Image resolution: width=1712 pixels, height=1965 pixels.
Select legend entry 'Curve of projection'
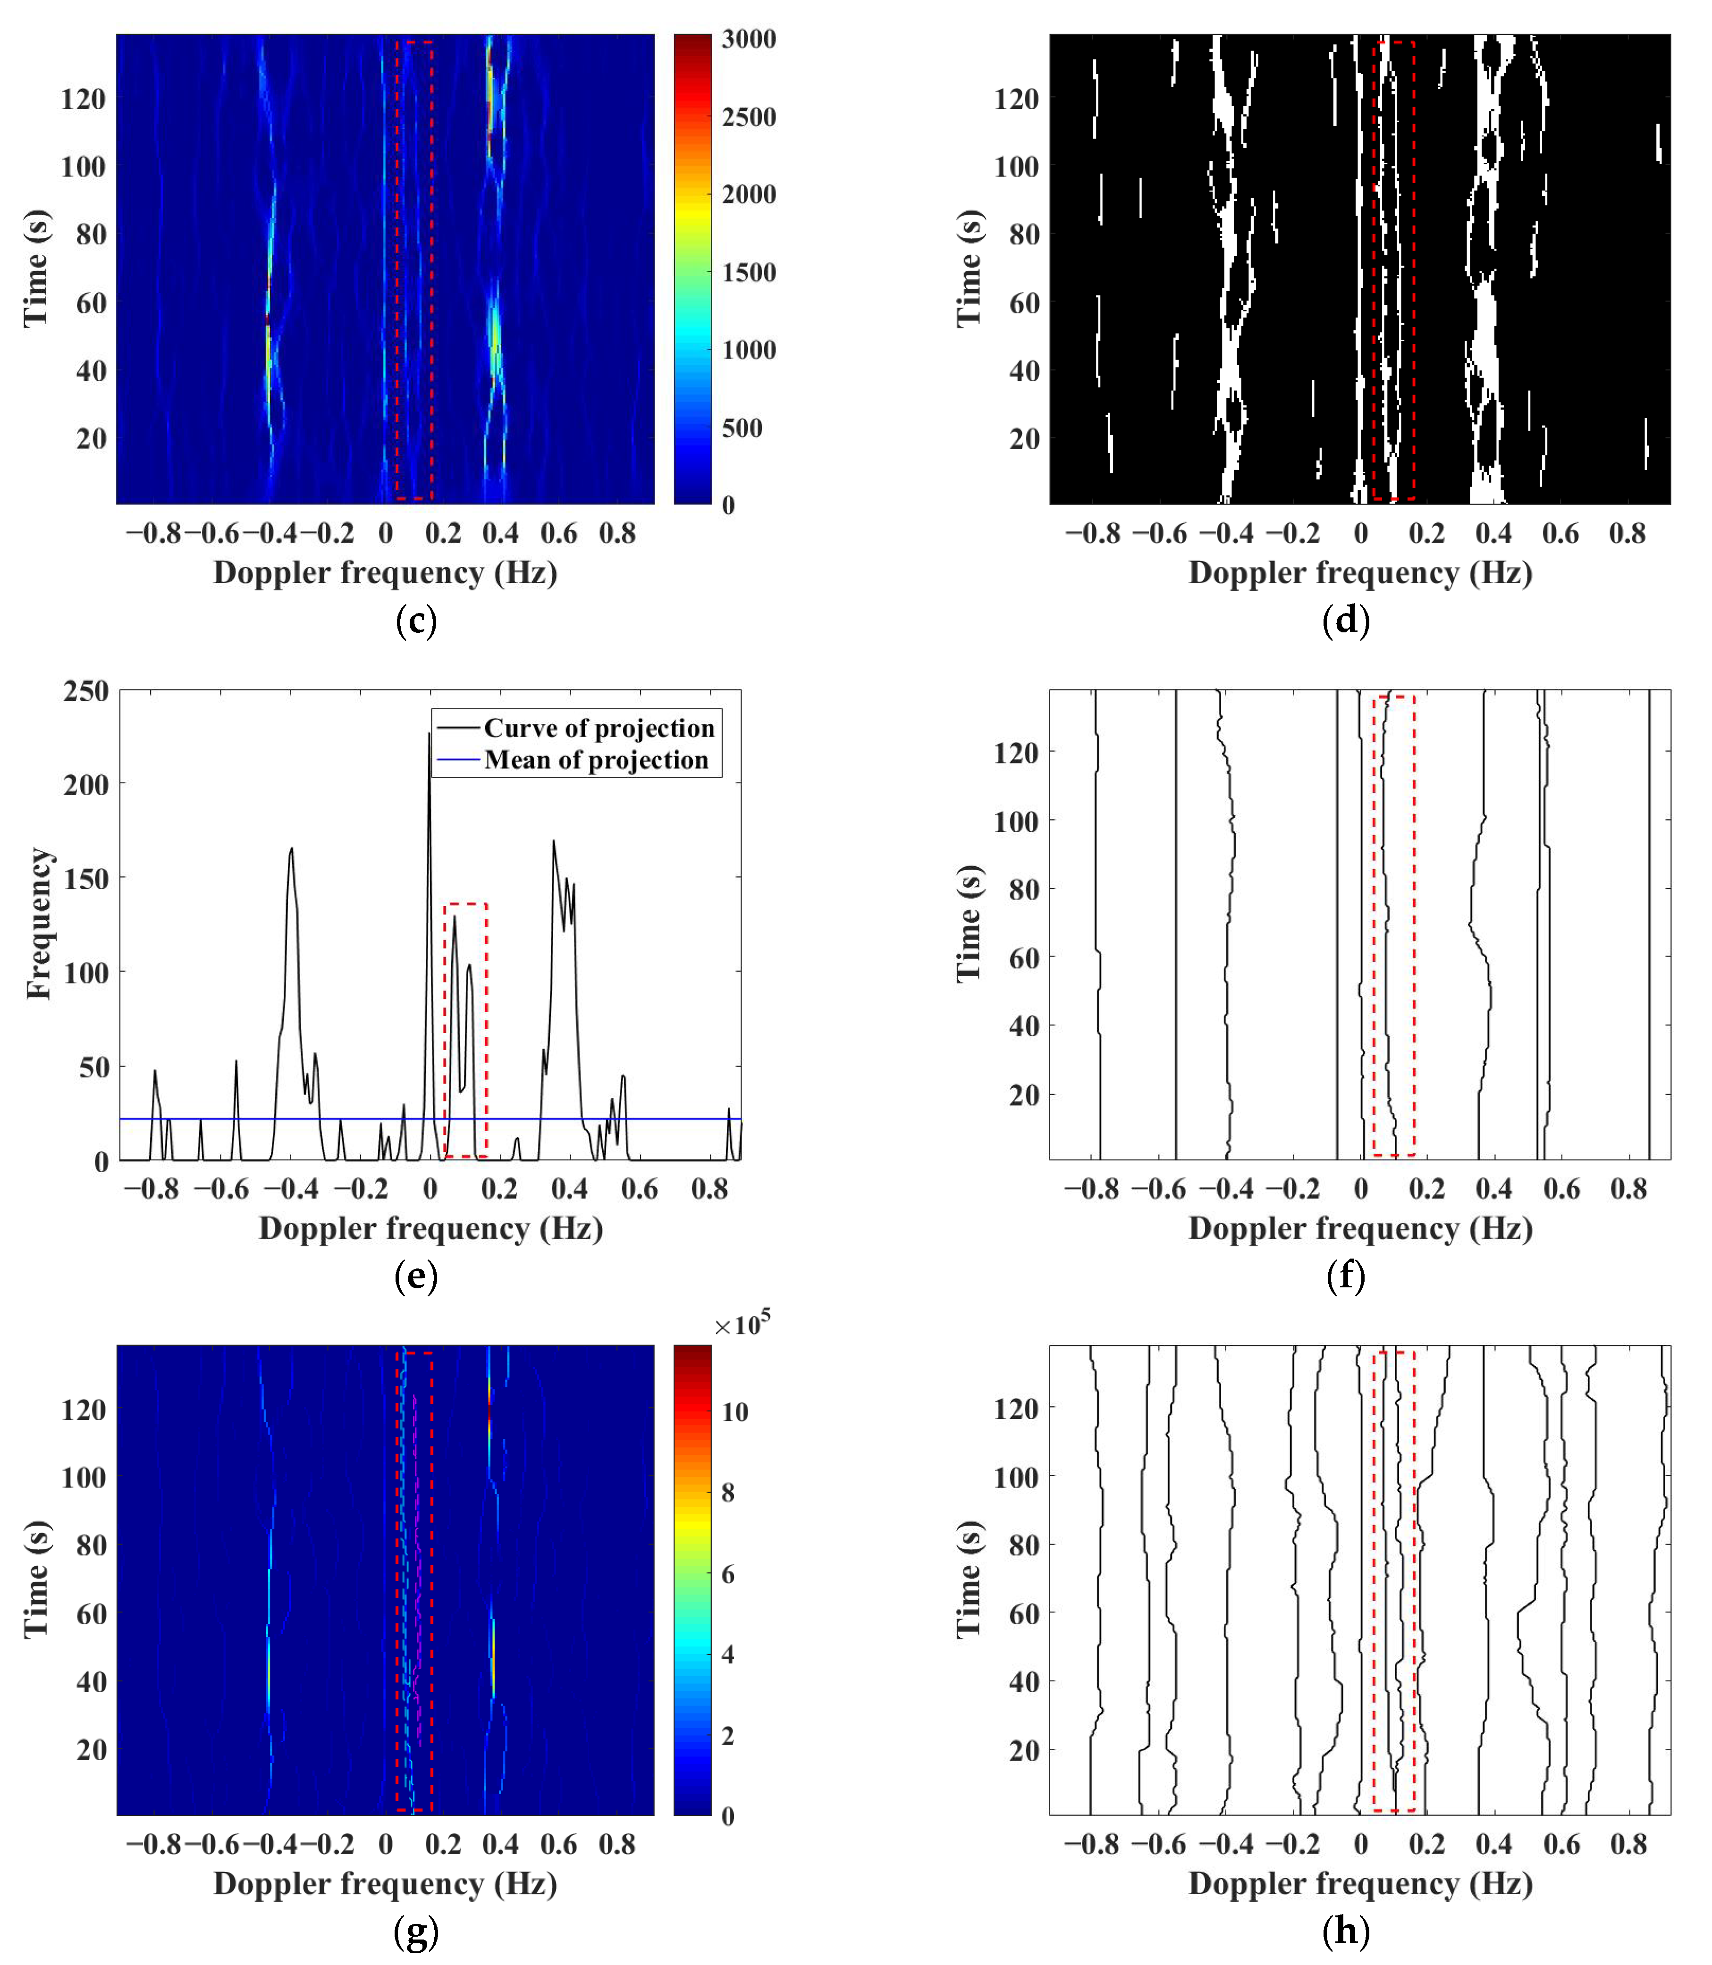pyautogui.click(x=598, y=728)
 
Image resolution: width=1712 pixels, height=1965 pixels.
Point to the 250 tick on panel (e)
pyautogui.click(x=86, y=691)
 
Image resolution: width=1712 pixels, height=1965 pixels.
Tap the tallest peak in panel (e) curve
pyautogui.click(x=429, y=734)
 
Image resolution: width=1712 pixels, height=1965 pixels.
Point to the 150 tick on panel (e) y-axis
pyautogui.click(x=86, y=878)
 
